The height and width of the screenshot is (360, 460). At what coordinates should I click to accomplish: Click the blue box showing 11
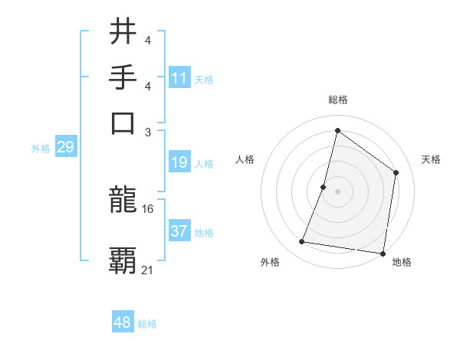coord(179,78)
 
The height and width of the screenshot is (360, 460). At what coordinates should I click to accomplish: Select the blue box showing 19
coord(179,162)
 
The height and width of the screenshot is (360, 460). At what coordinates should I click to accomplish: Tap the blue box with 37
coord(179,231)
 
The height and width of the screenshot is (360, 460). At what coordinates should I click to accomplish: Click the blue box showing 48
coord(123,322)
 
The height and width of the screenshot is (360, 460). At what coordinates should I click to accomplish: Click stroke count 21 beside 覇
coord(148,270)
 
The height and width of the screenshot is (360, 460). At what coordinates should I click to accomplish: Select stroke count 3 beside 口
coord(148,131)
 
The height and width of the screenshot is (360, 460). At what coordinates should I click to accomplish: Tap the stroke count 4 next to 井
coord(147,41)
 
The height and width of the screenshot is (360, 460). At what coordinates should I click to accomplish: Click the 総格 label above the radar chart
coord(337,100)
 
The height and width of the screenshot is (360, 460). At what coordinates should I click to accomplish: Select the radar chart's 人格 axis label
coord(245,159)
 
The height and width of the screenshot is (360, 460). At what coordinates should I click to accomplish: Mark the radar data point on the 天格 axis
coord(396,172)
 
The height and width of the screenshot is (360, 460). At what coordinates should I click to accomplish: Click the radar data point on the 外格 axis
coord(302,242)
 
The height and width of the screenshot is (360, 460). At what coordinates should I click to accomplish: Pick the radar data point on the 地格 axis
coord(382,253)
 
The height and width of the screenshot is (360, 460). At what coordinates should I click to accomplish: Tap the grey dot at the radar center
coord(337,191)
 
